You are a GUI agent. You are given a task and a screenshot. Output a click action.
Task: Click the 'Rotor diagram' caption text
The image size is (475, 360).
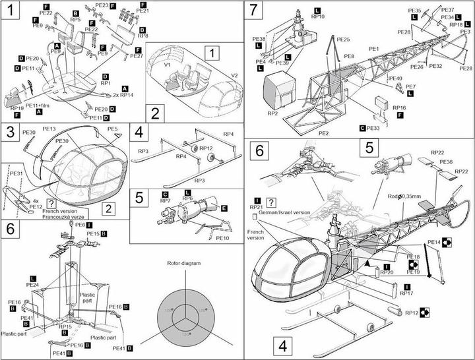click(x=184, y=262)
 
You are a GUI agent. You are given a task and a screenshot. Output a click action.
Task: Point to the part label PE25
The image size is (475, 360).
click(x=342, y=40)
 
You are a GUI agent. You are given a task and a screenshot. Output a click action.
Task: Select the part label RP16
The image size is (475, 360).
click(x=398, y=106)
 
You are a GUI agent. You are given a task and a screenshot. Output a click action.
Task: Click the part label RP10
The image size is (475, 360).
click(x=317, y=16)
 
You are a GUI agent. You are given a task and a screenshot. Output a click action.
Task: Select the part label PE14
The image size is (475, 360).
click(x=433, y=243)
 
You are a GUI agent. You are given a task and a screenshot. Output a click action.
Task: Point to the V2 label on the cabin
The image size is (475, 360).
click(x=233, y=76)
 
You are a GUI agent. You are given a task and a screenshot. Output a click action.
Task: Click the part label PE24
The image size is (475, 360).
click(x=32, y=285)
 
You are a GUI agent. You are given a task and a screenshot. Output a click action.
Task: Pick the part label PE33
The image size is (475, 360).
click(x=375, y=127)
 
